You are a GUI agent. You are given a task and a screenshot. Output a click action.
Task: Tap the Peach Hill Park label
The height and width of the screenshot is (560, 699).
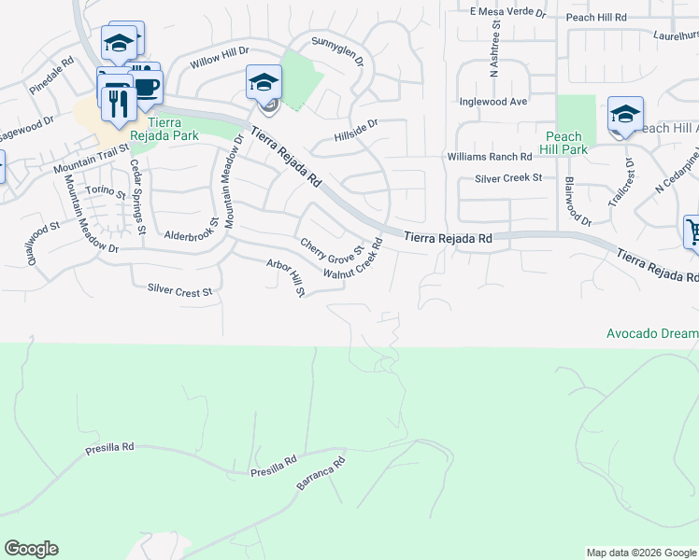click(565, 143)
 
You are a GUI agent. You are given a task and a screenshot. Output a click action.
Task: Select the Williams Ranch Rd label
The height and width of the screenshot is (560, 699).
click(489, 157)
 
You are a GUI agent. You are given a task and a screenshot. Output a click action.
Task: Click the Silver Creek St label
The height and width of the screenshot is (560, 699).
click(508, 178)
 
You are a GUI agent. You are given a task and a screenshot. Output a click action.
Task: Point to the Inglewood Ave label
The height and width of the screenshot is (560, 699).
click(493, 102)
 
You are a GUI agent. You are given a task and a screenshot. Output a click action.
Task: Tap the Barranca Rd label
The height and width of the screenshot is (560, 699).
click(321, 474)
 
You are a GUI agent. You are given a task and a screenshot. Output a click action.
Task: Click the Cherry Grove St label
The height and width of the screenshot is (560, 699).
click(330, 249)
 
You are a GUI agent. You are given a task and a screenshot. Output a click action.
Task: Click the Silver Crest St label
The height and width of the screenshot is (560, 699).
click(180, 292)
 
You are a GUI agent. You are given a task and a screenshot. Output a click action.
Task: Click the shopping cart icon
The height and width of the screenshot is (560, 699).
click(693, 231)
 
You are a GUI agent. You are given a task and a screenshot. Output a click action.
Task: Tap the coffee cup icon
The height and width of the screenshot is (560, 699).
click(146, 88)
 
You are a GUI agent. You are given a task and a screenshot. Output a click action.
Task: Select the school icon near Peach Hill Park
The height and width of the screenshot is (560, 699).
click(624, 116)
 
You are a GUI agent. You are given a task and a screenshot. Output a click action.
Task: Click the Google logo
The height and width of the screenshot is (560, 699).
click(31, 549)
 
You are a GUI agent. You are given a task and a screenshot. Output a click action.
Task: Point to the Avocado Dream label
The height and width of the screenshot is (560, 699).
click(652, 333)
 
